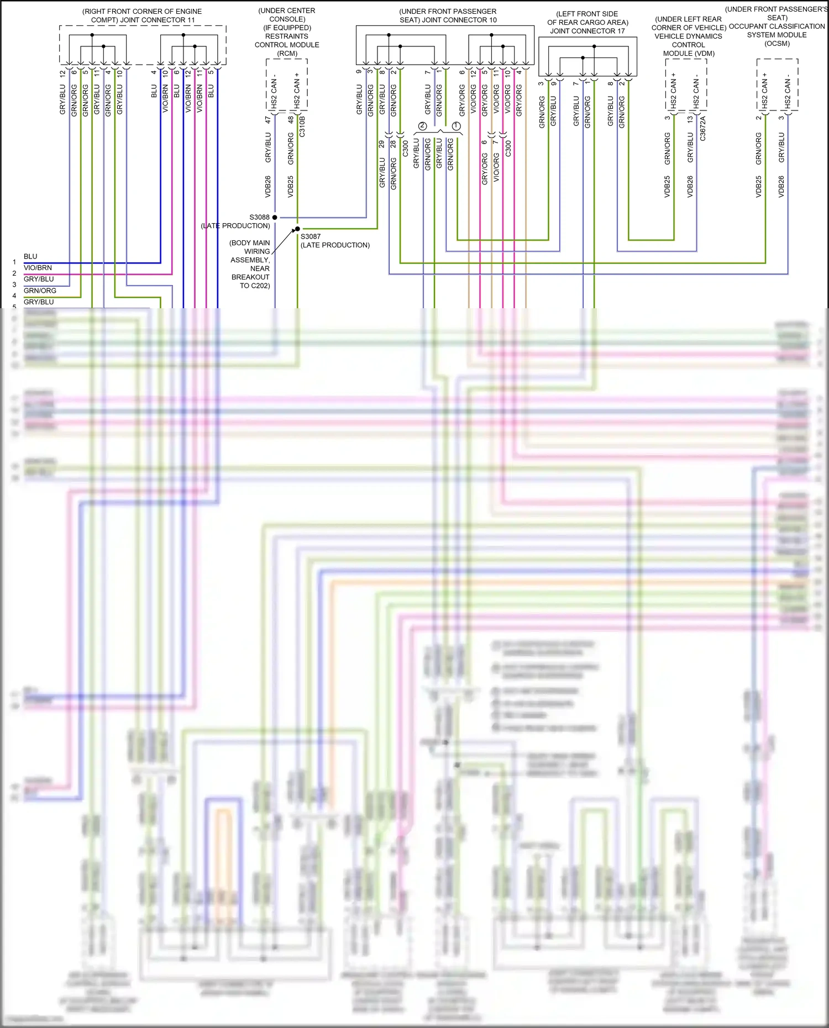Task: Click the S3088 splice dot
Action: click(x=275, y=218)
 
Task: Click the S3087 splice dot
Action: click(x=297, y=229)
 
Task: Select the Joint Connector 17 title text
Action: click(x=587, y=31)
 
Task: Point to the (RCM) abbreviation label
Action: click(x=287, y=54)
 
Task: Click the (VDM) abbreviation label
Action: click(x=689, y=54)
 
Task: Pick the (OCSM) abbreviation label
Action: click(x=777, y=44)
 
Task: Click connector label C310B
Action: click(x=302, y=126)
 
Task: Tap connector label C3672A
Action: click(x=703, y=128)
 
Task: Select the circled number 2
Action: click(x=423, y=126)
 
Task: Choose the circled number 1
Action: click(x=456, y=126)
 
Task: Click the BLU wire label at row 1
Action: click(x=30, y=256)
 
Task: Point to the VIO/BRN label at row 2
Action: click(x=38, y=268)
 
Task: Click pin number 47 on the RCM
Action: click(x=268, y=119)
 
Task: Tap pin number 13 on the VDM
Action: click(x=690, y=119)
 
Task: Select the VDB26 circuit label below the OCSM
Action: click(x=781, y=187)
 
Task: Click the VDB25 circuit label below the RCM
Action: click(x=291, y=187)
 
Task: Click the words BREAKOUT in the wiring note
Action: click(x=250, y=277)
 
